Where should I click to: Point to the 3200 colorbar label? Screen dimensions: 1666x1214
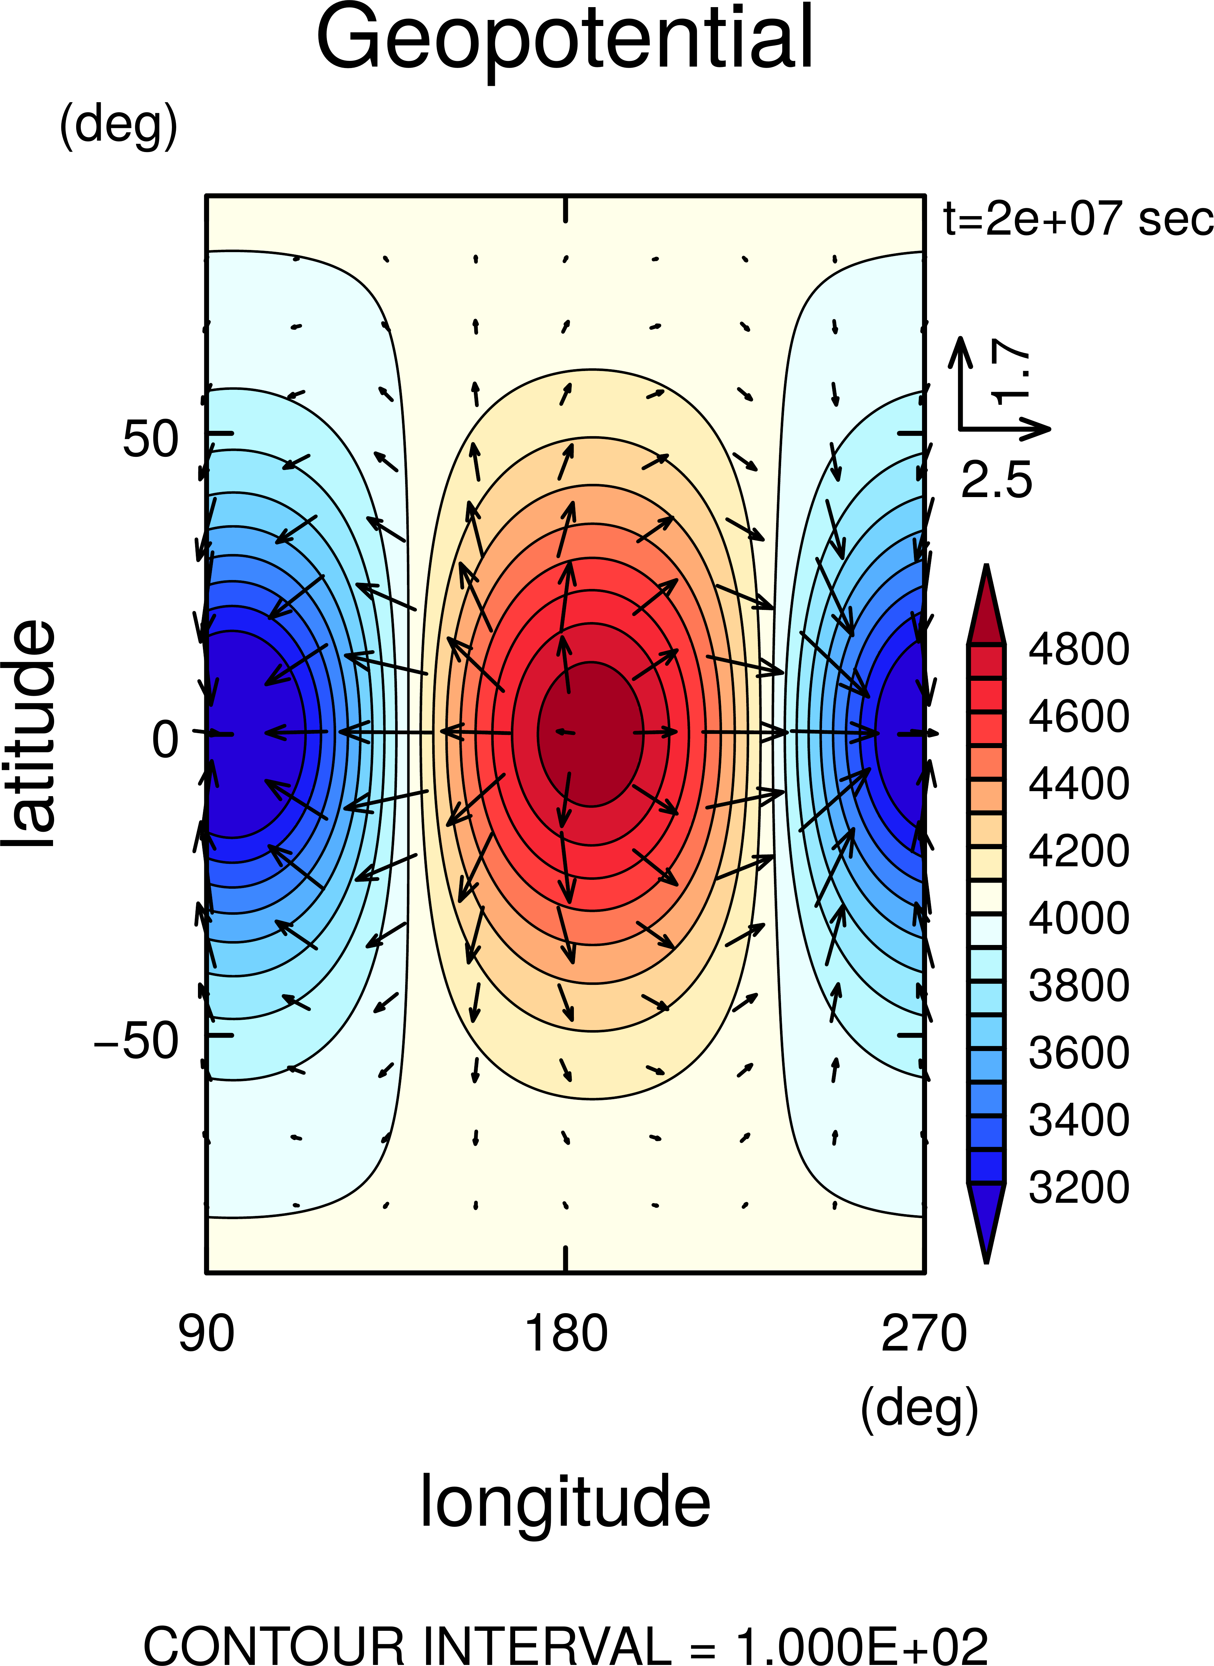pos(1078,1187)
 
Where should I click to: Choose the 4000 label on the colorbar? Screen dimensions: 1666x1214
pos(1078,918)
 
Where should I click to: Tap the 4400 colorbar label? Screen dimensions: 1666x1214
pos(1078,783)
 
